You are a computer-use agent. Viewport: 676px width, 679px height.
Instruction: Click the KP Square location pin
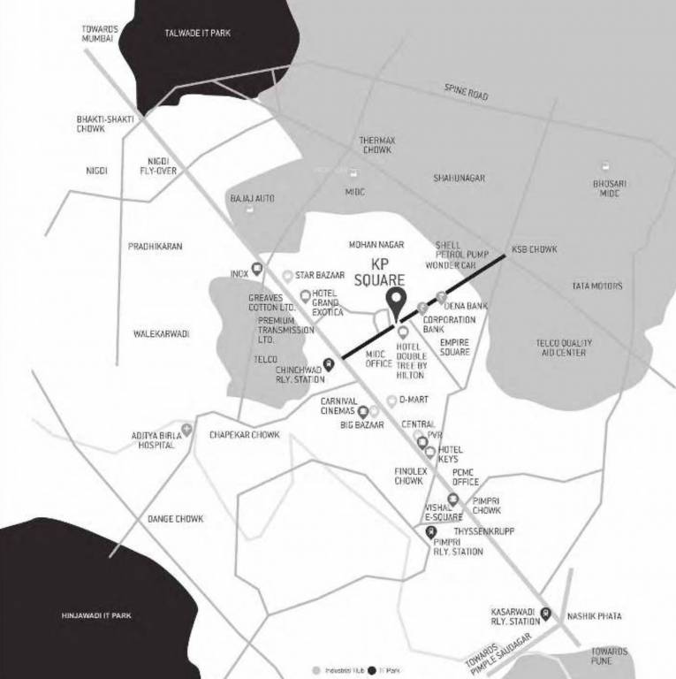pos(397,301)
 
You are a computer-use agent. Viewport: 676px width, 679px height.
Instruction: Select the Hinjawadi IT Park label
pos(96,614)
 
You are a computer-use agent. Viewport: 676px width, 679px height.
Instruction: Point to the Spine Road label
pos(466,91)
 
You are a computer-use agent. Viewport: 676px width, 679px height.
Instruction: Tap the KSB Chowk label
pos(535,249)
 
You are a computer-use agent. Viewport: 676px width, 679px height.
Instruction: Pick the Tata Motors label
pos(596,286)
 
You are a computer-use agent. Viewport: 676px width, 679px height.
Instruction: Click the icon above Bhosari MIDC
pos(606,166)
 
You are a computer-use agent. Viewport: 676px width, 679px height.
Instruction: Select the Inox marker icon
pos(257,269)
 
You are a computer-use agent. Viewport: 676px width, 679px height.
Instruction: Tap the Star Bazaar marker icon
pos(288,276)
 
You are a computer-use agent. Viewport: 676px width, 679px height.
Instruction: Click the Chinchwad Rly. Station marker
pos(329,362)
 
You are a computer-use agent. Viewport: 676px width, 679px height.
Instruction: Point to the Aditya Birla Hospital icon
pos(186,430)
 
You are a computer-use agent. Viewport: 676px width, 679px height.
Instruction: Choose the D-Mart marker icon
pos(391,401)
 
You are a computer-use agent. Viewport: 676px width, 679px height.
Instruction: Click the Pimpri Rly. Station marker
pos(431,531)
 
